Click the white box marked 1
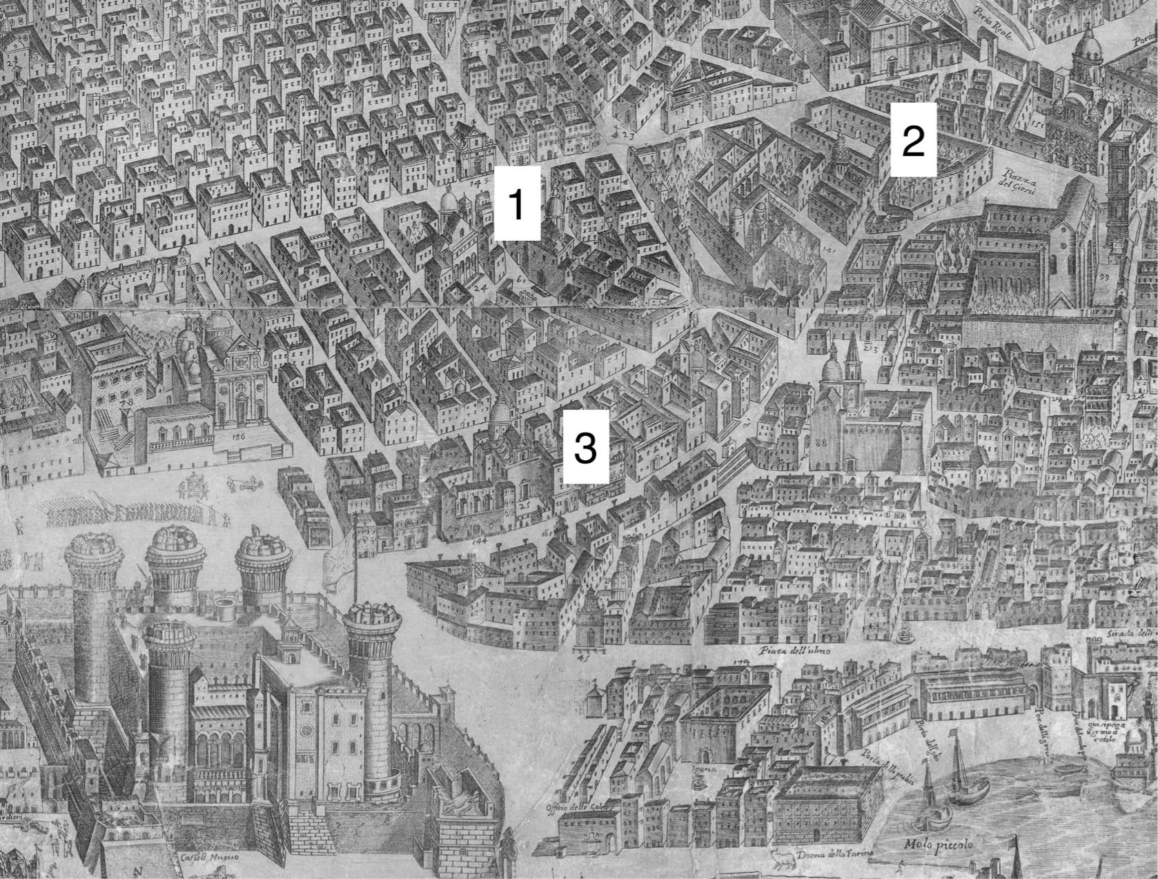pyautogui.click(x=516, y=205)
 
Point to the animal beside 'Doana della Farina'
pyautogui.click(x=783, y=856)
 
